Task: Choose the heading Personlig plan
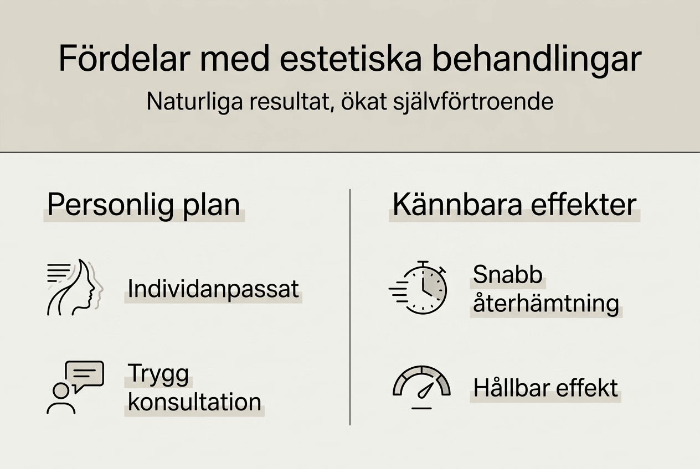(143, 205)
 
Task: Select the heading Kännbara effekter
(514, 205)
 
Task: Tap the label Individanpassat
(213, 289)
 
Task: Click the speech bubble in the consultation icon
(84, 374)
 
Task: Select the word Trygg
(158, 374)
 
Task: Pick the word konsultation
(194, 402)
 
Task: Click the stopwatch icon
(424, 288)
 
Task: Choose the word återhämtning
(545, 303)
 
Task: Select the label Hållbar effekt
(545, 388)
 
